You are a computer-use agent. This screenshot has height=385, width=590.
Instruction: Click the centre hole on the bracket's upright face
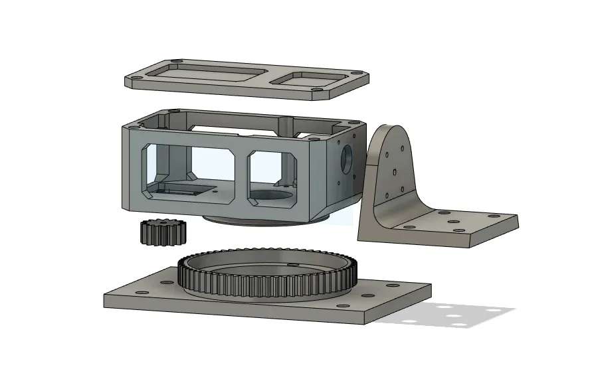394,172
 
